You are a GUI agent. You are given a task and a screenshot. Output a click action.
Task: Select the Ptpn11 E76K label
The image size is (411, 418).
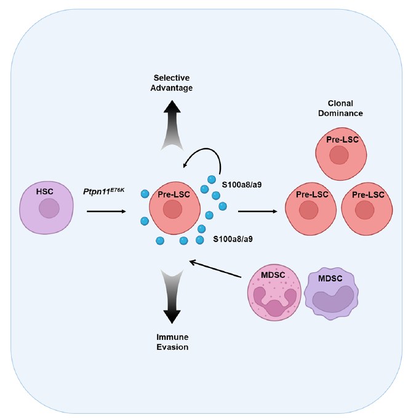(103, 191)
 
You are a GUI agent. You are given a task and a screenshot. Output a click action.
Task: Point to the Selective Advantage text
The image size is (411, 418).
(173, 83)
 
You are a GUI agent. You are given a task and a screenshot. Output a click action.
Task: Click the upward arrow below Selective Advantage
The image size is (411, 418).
(172, 126)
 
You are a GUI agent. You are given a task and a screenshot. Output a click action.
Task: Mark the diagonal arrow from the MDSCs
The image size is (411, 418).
(215, 271)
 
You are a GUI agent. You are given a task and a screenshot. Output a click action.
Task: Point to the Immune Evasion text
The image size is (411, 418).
(172, 342)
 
